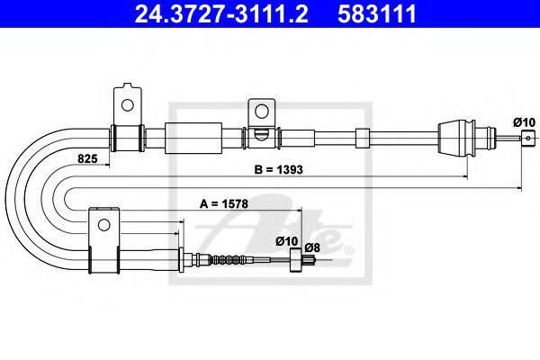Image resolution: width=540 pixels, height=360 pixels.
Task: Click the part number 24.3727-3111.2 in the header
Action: click(x=221, y=13)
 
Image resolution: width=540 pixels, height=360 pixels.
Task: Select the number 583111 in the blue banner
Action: click(x=377, y=13)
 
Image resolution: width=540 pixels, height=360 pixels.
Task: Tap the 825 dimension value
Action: click(x=87, y=158)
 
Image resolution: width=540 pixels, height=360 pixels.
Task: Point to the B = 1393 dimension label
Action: click(x=278, y=169)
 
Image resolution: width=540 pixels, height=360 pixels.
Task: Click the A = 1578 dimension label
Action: click(x=224, y=204)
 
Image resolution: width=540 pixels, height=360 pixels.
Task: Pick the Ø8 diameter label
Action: click(x=312, y=247)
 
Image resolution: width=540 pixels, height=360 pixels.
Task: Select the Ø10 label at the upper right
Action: click(x=524, y=122)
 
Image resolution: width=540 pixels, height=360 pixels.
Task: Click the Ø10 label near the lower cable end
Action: click(x=286, y=241)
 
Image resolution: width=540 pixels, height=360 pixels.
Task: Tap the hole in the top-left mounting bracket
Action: click(x=128, y=105)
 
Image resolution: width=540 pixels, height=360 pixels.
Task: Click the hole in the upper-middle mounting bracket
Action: click(x=261, y=111)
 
